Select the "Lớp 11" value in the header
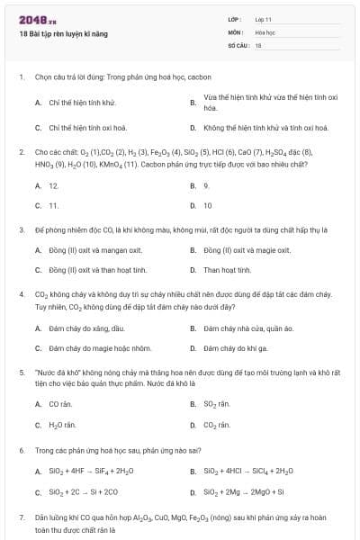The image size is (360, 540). pyautogui.click(x=263, y=18)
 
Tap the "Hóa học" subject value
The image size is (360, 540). pyautogui.click(x=265, y=31)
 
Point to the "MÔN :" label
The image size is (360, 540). pyautogui.click(x=236, y=31)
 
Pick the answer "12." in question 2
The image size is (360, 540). pyautogui.click(x=54, y=185)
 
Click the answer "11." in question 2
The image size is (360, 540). pyautogui.click(x=54, y=205)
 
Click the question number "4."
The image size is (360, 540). pyautogui.click(x=21, y=293)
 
